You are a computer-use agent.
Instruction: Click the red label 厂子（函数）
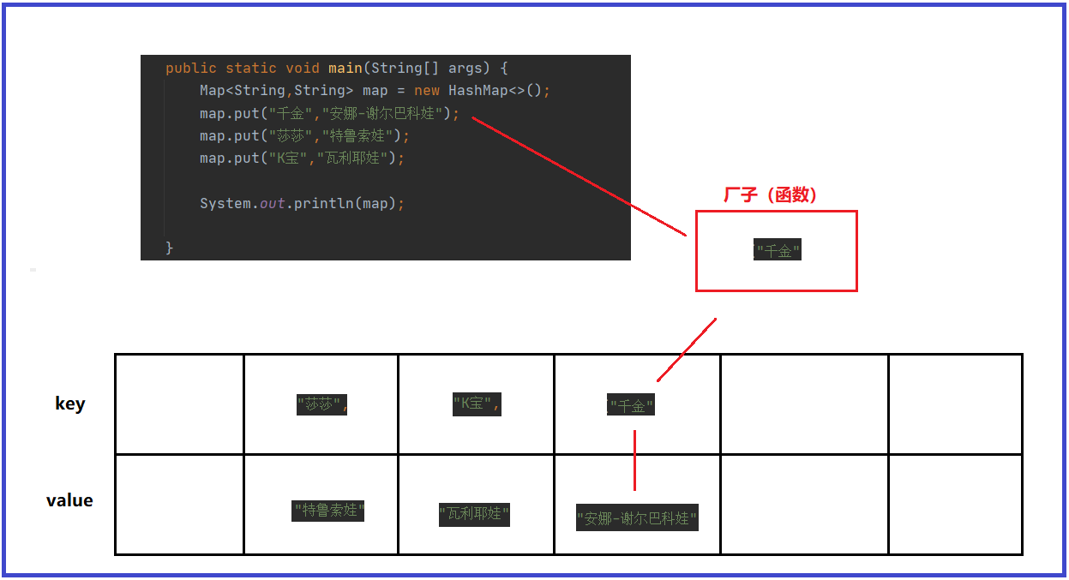(770, 195)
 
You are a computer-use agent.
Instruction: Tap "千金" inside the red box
(778, 251)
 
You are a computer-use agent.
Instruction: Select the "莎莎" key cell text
(321, 404)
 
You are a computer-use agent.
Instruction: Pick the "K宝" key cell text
(476, 404)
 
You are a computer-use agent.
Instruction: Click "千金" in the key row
(631, 406)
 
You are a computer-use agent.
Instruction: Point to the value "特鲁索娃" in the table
(328, 511)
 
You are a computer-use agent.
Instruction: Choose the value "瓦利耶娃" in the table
(474, 514)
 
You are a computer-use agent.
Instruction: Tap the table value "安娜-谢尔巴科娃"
(637, 518)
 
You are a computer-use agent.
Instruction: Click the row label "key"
(69, 404)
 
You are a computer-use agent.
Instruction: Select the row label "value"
(69, 500)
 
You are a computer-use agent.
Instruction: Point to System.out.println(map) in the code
(302, 204)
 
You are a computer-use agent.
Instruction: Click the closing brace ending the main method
(170, 248)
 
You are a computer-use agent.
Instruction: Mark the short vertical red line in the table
(634, 460)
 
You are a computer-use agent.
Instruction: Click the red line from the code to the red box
(579, 176)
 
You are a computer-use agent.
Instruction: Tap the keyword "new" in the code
(427, 91)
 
